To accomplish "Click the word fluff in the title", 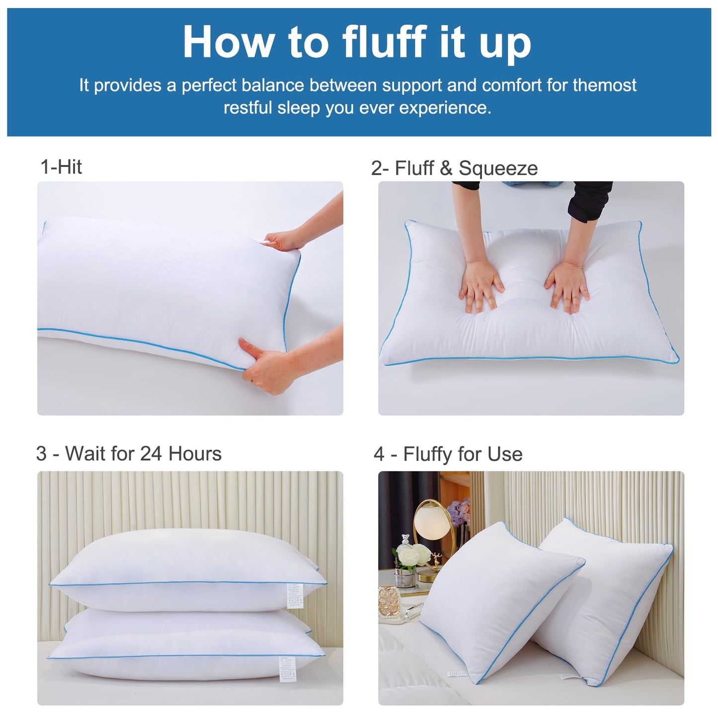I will [x=385, y=42].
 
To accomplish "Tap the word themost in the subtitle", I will [x=604, y=85].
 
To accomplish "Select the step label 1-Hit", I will [x=61, y=167].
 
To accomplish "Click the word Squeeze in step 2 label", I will [x=498, y=168].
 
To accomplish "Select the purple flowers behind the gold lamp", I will [x=459, y=512].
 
